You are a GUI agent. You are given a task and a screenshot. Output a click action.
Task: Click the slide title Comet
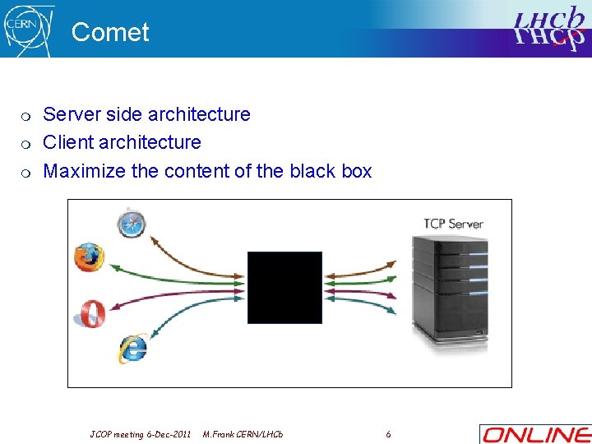click(x=110, y=32)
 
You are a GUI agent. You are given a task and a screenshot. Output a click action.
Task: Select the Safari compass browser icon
click(x=131, y=223)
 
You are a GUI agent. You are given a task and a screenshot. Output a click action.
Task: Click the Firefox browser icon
click(x=89, y=257)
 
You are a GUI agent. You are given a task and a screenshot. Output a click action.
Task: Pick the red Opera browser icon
click(x=88, y=313)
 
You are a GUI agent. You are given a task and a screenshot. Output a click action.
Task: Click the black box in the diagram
click(x=284, y=287)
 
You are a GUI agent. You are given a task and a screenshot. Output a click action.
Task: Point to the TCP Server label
click(x=453, y=223)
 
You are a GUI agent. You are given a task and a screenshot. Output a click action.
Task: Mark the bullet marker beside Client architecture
click(x=26, y=144)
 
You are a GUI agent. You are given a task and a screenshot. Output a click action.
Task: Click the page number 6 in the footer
click(x=388, y=433)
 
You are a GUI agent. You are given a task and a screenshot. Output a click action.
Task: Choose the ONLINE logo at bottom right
click(x=534, y=434)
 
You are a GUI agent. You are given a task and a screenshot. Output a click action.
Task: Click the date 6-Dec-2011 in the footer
click(x=168, y=433)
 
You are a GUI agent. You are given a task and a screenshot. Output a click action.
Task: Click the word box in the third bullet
click(x=356, y=171)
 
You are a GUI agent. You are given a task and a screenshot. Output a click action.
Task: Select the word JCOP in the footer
click(x=102, y=433)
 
